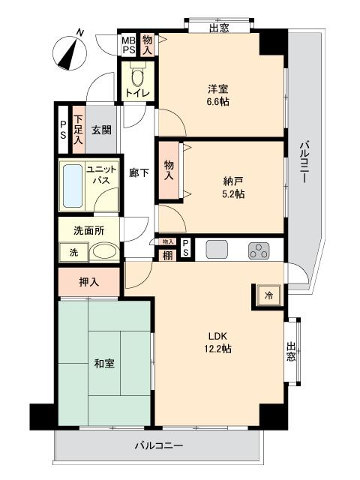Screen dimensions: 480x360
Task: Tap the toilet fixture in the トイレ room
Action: [x=137, y=76]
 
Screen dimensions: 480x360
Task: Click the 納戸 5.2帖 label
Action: [x=233, y=187]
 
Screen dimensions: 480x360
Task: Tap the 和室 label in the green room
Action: [x=103, y=365]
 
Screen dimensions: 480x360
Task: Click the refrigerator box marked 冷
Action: [x=268, y=295]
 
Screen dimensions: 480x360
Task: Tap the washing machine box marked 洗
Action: [x=73, y=253]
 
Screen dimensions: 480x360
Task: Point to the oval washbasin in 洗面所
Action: [x=103, y=253]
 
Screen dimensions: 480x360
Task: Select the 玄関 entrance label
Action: [x=102, y=129]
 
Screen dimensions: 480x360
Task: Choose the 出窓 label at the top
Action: [x=219, y=28]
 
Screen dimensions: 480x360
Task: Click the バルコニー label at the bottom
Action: [x=159, y=445]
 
